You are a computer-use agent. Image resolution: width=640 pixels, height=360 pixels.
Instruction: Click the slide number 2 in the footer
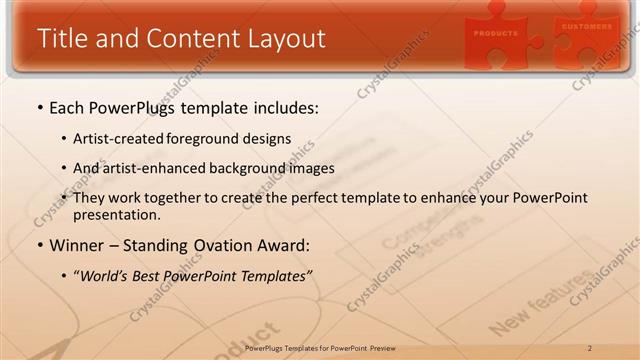coord(590,348)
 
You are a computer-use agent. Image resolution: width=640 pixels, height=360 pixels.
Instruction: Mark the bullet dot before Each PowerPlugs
coord(39,107)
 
